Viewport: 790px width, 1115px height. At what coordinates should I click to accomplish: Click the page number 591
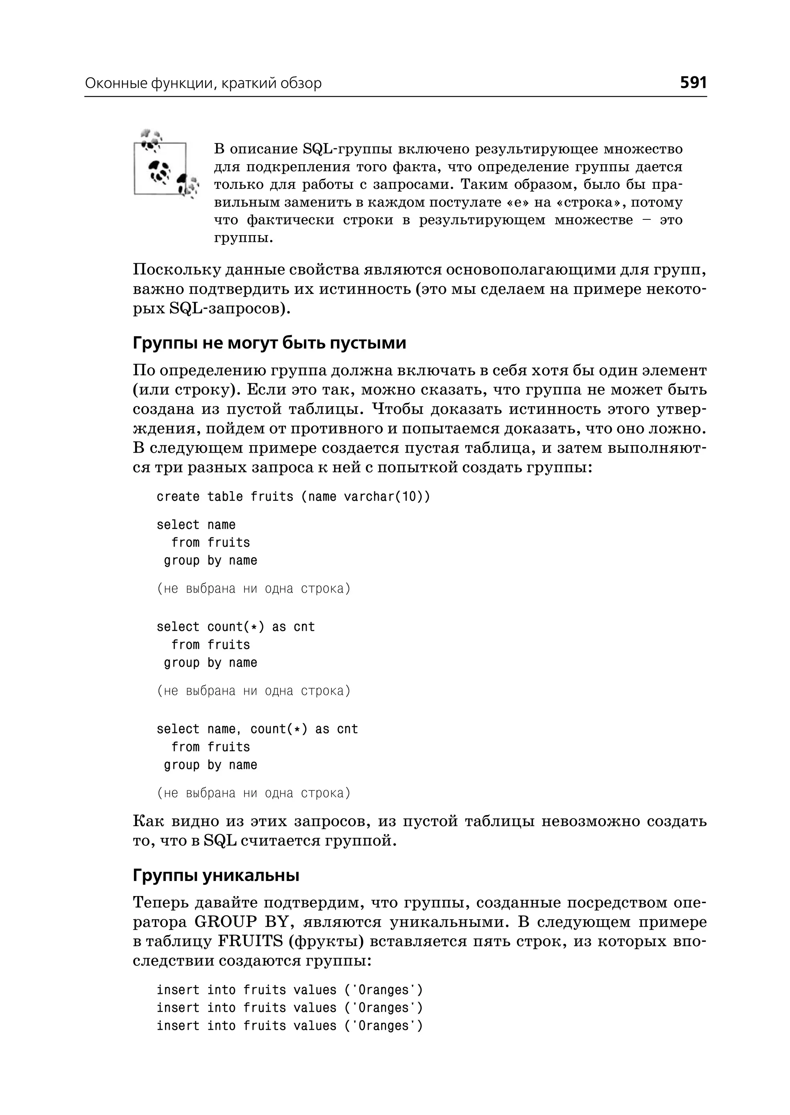[x=693, y=83]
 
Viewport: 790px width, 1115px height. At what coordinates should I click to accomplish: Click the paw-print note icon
[x=165, y=165]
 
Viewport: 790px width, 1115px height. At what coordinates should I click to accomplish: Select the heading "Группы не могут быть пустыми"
[x=269, y=343]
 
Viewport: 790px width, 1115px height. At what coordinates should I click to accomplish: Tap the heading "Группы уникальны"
[x=216, y=875]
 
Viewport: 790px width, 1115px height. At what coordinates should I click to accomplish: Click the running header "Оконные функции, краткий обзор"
[x=203, y=84]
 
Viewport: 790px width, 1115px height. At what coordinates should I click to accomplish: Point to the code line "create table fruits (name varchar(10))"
[x=293, y=497]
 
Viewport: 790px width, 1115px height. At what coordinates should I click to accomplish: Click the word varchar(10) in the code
[x=387, y=497]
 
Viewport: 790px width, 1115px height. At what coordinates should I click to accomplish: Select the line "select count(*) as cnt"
[x=235, y=627]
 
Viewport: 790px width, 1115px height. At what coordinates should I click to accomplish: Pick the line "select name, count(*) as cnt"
[x=257, y=729]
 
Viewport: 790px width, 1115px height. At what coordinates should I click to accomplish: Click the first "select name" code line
[x=196, y=525]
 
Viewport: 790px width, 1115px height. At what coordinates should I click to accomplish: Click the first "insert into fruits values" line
[x=289, y=990]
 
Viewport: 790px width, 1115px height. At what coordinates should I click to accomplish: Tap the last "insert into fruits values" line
[x=289, y=1026]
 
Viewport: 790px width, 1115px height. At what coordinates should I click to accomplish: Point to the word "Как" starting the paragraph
[x=147, y=821]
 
